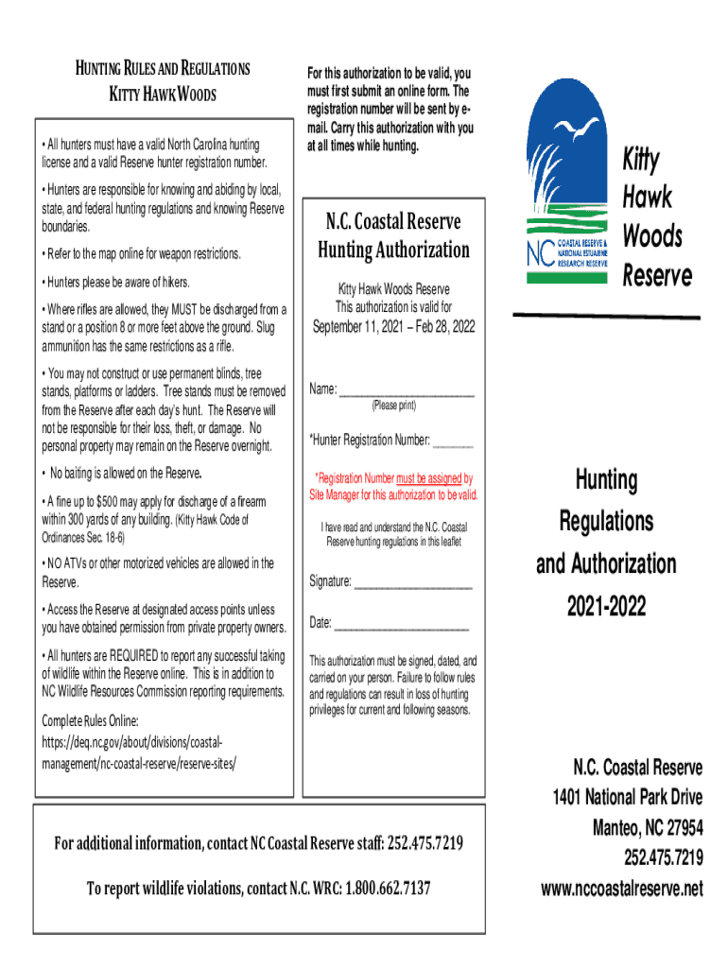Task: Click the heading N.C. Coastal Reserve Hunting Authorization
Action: coord(393,235)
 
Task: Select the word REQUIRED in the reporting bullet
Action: coord(140,656)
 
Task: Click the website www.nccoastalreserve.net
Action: coord(621,890)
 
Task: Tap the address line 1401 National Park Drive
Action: coord(627,797)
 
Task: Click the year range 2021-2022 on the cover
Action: coord(606,605)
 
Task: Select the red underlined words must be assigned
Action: coord(430,478)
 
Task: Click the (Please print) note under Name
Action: coord(393,406)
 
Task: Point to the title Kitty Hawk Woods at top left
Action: coord(163,95)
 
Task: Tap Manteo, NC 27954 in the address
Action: coord(647,828)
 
